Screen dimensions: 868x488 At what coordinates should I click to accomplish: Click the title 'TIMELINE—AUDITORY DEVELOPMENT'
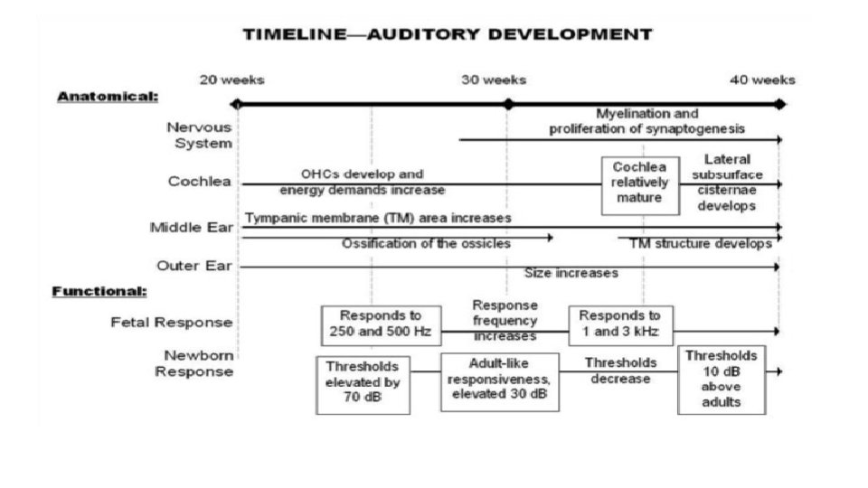[x=447, y=35]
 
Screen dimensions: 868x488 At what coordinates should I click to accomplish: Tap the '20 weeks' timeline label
[x=232, y=80]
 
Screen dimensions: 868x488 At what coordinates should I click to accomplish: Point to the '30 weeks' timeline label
[x=495, y=80]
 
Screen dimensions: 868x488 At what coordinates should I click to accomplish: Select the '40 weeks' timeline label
[x=763, y=80]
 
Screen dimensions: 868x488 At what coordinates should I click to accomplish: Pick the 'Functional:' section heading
[x=99, y=291]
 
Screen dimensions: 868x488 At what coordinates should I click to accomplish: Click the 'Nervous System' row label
[x=199, y=136]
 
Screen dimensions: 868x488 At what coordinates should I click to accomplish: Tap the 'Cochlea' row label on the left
[x=200, y=182]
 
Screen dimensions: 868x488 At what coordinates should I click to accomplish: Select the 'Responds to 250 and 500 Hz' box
[x=381, y=324]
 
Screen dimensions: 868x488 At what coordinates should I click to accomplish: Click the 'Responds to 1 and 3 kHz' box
[x=619, y=324]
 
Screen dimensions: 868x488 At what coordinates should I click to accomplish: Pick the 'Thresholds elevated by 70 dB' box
[x=363, y=384]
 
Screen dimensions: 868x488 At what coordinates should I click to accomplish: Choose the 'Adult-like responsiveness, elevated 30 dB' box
[x=499, y=380]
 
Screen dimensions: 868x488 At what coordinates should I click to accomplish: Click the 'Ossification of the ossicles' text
[x=426, y=244]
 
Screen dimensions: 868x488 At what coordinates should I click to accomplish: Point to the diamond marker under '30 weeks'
[x=507, y=104]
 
